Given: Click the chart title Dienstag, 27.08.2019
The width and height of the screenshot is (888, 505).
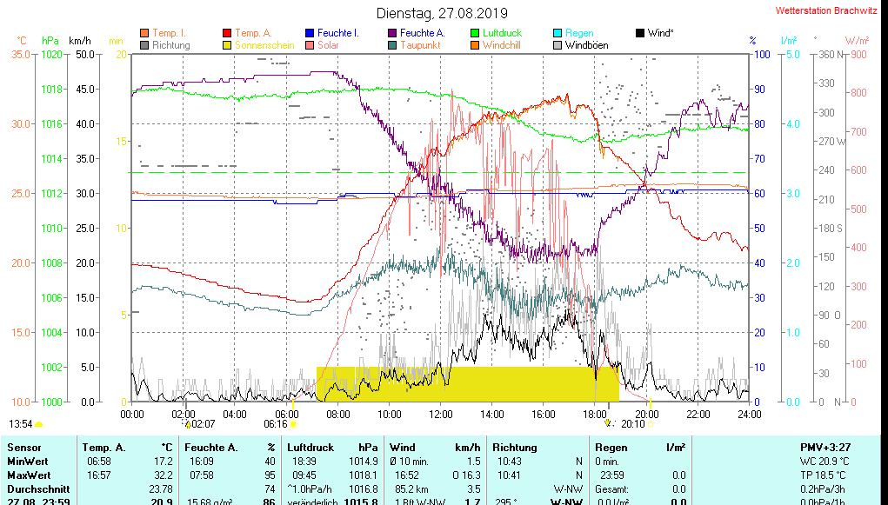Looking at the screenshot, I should click(443, 13).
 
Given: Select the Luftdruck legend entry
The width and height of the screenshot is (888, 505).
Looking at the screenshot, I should click(502, 33).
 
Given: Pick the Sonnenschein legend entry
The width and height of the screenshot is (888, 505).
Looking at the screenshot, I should click(265, 45).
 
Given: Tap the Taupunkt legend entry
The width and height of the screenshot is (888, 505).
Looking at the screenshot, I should click(420, 45).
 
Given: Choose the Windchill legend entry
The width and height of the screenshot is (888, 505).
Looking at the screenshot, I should click(502, 45).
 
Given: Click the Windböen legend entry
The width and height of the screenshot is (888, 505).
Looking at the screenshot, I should click(586, 45).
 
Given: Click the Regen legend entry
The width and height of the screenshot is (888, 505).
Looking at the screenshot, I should click(579, 33).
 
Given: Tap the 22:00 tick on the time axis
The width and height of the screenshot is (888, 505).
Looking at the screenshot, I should click(698, 414).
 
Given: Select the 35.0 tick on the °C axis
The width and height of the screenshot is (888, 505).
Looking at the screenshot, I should click(21, 55).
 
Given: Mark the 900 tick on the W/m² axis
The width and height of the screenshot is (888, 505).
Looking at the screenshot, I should click(858, 55).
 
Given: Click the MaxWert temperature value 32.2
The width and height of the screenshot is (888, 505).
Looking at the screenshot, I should click(163, 475).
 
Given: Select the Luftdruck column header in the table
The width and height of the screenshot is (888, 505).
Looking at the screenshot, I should click(310, 448).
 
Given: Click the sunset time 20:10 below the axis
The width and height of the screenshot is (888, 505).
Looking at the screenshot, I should click(633, 424).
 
